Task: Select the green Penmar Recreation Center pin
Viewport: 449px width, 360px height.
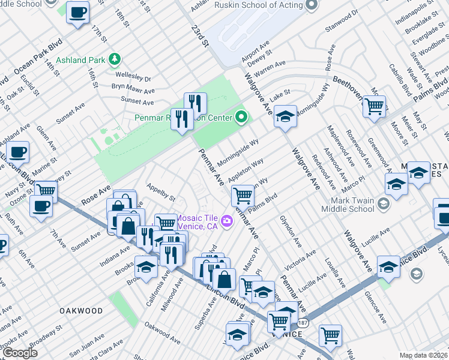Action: tap(241, 117)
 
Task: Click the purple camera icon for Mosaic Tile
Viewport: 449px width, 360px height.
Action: tap(226, 221)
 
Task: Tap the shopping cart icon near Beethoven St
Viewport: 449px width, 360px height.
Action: tap(375, 107)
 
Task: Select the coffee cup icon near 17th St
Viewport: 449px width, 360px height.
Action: tap(77, 13)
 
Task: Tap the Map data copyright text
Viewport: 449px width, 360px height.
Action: tap(424, 355)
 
